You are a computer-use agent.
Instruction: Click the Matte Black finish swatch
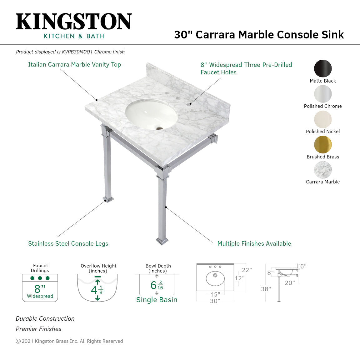tap(323, 68)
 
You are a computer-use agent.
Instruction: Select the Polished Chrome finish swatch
tap(323, 94)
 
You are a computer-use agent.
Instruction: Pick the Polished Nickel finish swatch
tap(323, 119)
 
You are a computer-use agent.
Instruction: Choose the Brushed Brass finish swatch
tap(323, 145)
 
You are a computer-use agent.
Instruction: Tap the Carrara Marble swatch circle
tap(323, 170)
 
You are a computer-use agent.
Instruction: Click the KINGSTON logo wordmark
tap(74, 22)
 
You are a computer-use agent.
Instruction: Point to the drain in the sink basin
tap(160, 128)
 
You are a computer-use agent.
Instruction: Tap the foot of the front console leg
tap(162, 241)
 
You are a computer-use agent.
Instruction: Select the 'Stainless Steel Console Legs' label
tap(68, 244)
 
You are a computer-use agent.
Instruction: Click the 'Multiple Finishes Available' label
tap(254, 244)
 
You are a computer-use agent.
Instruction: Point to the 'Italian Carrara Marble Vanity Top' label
tap(74, 65)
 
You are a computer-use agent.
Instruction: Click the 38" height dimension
tap(266, 289)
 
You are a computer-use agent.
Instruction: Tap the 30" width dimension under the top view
tap(215, 301)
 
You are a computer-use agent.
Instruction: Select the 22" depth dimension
tap(247, 270)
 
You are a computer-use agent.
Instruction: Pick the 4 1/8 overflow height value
tap(97, 290)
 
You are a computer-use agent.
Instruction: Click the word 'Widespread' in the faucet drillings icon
tap(40, 296)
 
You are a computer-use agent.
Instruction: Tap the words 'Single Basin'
tap(157, 300)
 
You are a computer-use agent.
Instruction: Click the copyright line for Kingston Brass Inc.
tap(69, 341)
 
